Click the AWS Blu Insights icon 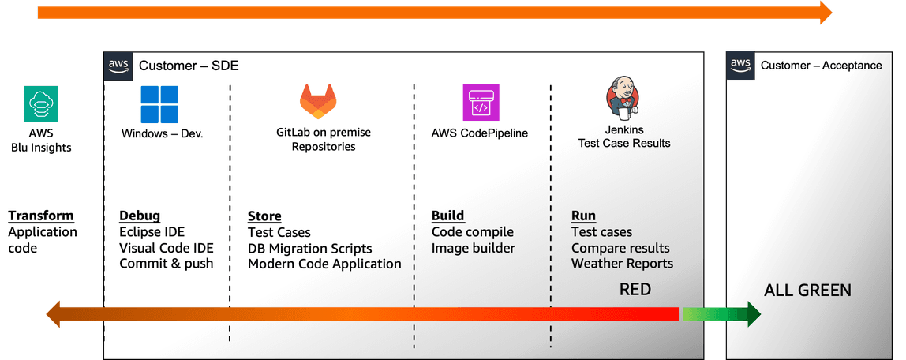point(40,104)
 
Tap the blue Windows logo point(159,104)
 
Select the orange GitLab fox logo point(318,102)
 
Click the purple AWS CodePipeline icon point(481,103)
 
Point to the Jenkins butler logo point(623,99)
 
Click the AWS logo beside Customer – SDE point(118,65)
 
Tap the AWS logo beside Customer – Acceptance point(740,65)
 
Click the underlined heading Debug point(140,216)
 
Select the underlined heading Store point(264,216)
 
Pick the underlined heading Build point(447,216)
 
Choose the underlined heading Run point(583,216)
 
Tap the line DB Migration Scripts point(309,248)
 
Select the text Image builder point(473,248)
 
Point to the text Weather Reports point(622,264)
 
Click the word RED point(635,290)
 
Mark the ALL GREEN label point(807,291)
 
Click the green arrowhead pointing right point(751,314)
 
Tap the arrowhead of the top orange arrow point(826,13)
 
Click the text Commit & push point(166,264)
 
